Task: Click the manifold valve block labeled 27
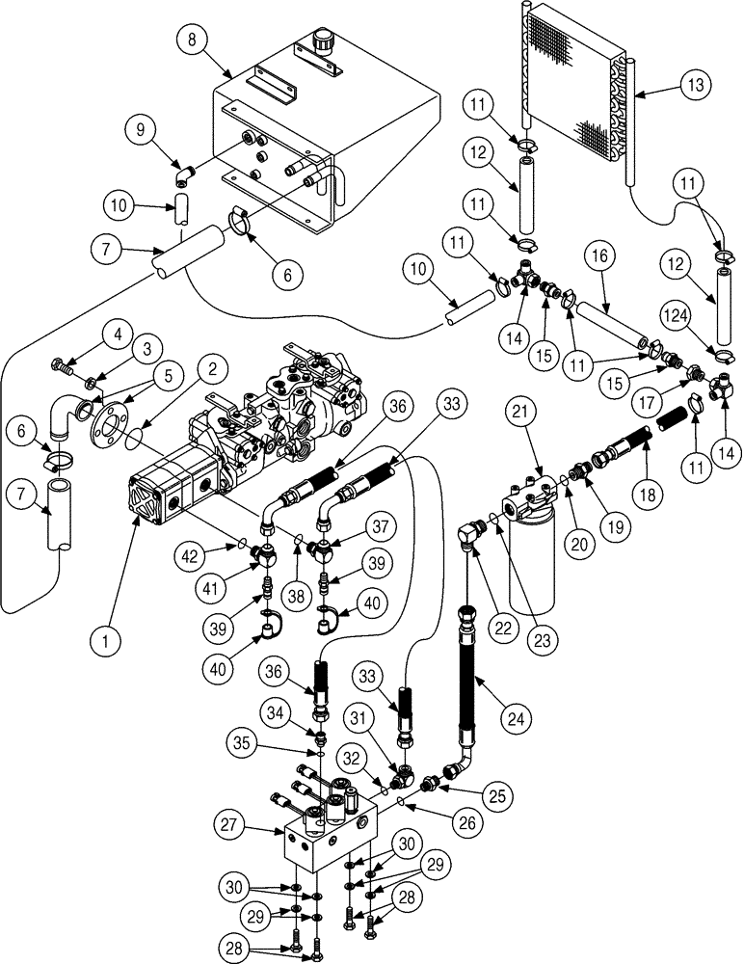(328, 839)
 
